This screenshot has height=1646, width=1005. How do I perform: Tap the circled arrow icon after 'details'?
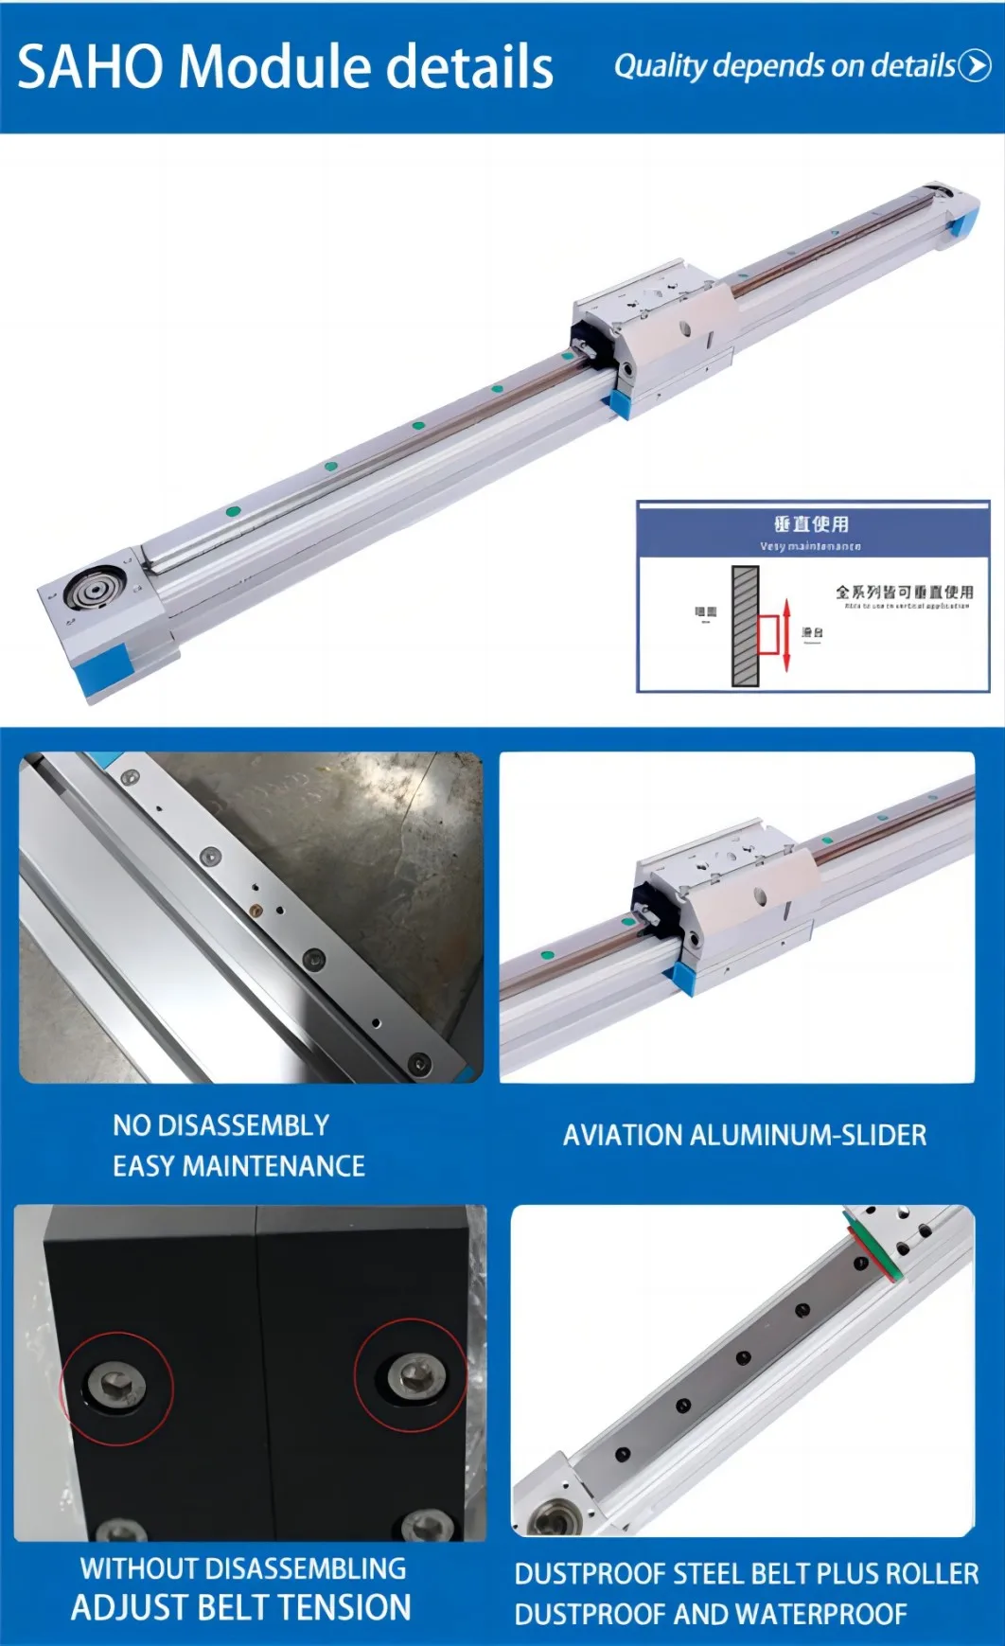coord(975,65)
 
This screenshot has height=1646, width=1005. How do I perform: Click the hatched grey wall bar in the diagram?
coord(746,626)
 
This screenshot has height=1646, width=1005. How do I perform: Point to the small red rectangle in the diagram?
coord(767,634)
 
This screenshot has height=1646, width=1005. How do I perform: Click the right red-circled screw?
coord(412,1375)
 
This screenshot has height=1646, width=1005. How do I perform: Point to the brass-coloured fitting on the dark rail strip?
coord(255,911)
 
